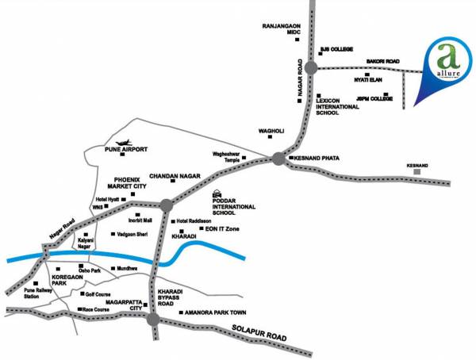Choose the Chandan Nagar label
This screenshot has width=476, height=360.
click(x=174, y=174)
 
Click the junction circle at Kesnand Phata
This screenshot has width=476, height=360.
click(x=278, y=159)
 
